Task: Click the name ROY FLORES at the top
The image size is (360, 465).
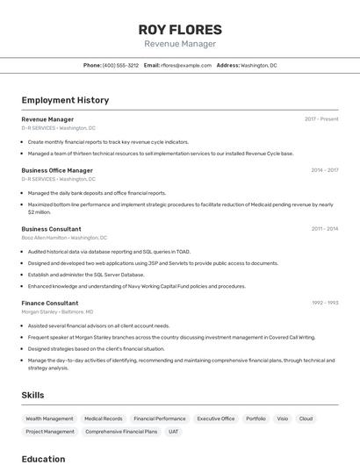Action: [180, 29]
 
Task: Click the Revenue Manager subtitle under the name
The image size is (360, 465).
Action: [180, 44]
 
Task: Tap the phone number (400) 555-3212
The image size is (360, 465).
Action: [120, 66]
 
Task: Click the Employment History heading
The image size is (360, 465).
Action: [65, 100]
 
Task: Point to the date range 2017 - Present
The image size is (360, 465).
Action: [321, 119]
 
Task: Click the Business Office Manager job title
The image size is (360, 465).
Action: [57, 170]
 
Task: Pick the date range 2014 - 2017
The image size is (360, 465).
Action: [324, 170]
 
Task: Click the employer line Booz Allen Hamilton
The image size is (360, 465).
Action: [64, 237]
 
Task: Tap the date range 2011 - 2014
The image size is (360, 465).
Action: [325, 229]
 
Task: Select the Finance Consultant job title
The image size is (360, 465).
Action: [50, 304]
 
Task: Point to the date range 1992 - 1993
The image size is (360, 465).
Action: [325, 304]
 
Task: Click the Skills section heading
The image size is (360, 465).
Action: [32, 395]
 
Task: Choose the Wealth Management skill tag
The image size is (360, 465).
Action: [49, 419]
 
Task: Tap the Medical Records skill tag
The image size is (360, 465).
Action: [104, 419]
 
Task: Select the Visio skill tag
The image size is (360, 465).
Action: [283, 419]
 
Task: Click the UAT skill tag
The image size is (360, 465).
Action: [174, 432]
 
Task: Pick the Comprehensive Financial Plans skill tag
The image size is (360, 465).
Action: [121, 432]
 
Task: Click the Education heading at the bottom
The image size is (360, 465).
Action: [43, 458]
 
